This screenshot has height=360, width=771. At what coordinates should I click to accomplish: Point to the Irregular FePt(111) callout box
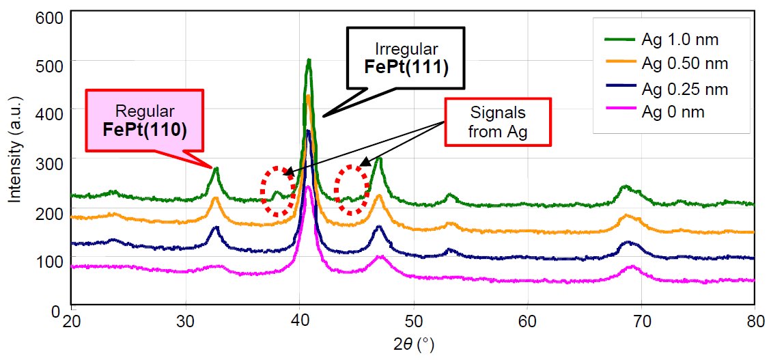[406, 57]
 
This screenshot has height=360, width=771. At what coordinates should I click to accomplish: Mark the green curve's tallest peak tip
[309, 60]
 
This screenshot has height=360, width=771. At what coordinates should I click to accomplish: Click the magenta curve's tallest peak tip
[308, 186]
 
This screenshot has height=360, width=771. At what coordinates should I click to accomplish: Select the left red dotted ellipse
[277, 191]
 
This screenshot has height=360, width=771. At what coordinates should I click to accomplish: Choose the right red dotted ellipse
[350, 189]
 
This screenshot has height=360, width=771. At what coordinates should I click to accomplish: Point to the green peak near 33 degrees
[216, 168]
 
